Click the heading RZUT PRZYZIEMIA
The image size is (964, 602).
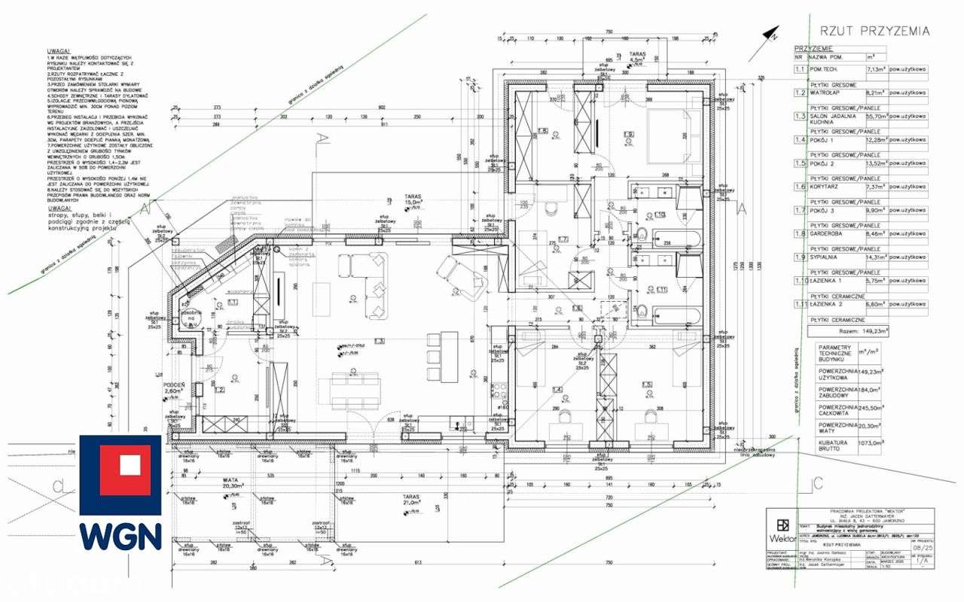[874, 31]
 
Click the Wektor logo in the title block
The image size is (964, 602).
[783, 530]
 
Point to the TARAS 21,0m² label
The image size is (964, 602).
[411, 502]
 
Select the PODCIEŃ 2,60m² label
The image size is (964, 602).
[174, 387]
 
